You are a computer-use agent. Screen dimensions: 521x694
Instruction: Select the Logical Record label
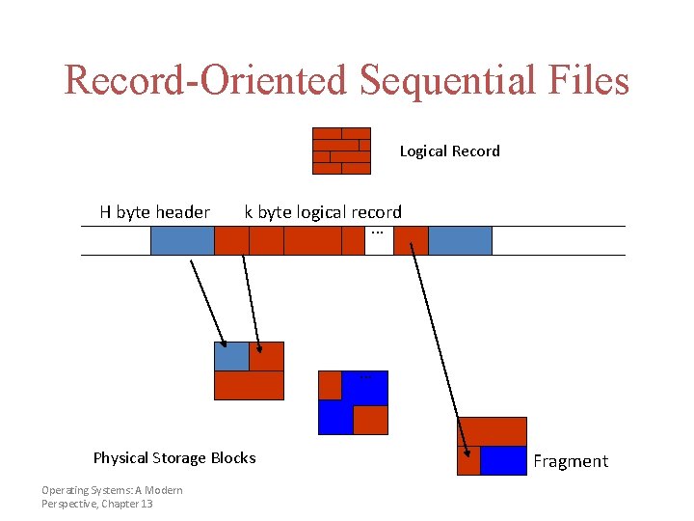pos(449,151)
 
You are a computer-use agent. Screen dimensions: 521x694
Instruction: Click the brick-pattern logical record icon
pos(341,151)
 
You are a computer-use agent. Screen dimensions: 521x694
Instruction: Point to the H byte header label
pos(154,212)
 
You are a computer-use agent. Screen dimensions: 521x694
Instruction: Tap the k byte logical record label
pos(323,212)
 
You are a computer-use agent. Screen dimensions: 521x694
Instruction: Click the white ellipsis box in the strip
pos(379,240)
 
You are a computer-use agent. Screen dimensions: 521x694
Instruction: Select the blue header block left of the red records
pos(182,240)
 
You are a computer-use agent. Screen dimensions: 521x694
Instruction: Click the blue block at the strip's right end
pos(460,240)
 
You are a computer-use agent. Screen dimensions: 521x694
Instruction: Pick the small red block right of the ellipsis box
pos(411,240)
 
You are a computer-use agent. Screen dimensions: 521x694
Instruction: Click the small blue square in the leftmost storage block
pos(231,356)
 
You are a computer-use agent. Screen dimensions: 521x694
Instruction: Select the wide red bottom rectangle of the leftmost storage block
pos(249,385)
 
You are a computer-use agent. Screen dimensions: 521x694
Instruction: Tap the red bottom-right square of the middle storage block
pos(370,420)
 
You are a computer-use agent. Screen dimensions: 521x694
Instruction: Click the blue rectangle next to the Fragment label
pos(503,460)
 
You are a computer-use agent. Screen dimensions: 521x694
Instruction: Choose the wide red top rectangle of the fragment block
pos(492,431)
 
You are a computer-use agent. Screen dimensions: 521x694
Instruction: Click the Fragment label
pos(571,461)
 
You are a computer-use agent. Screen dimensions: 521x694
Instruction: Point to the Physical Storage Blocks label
pos(174,457)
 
